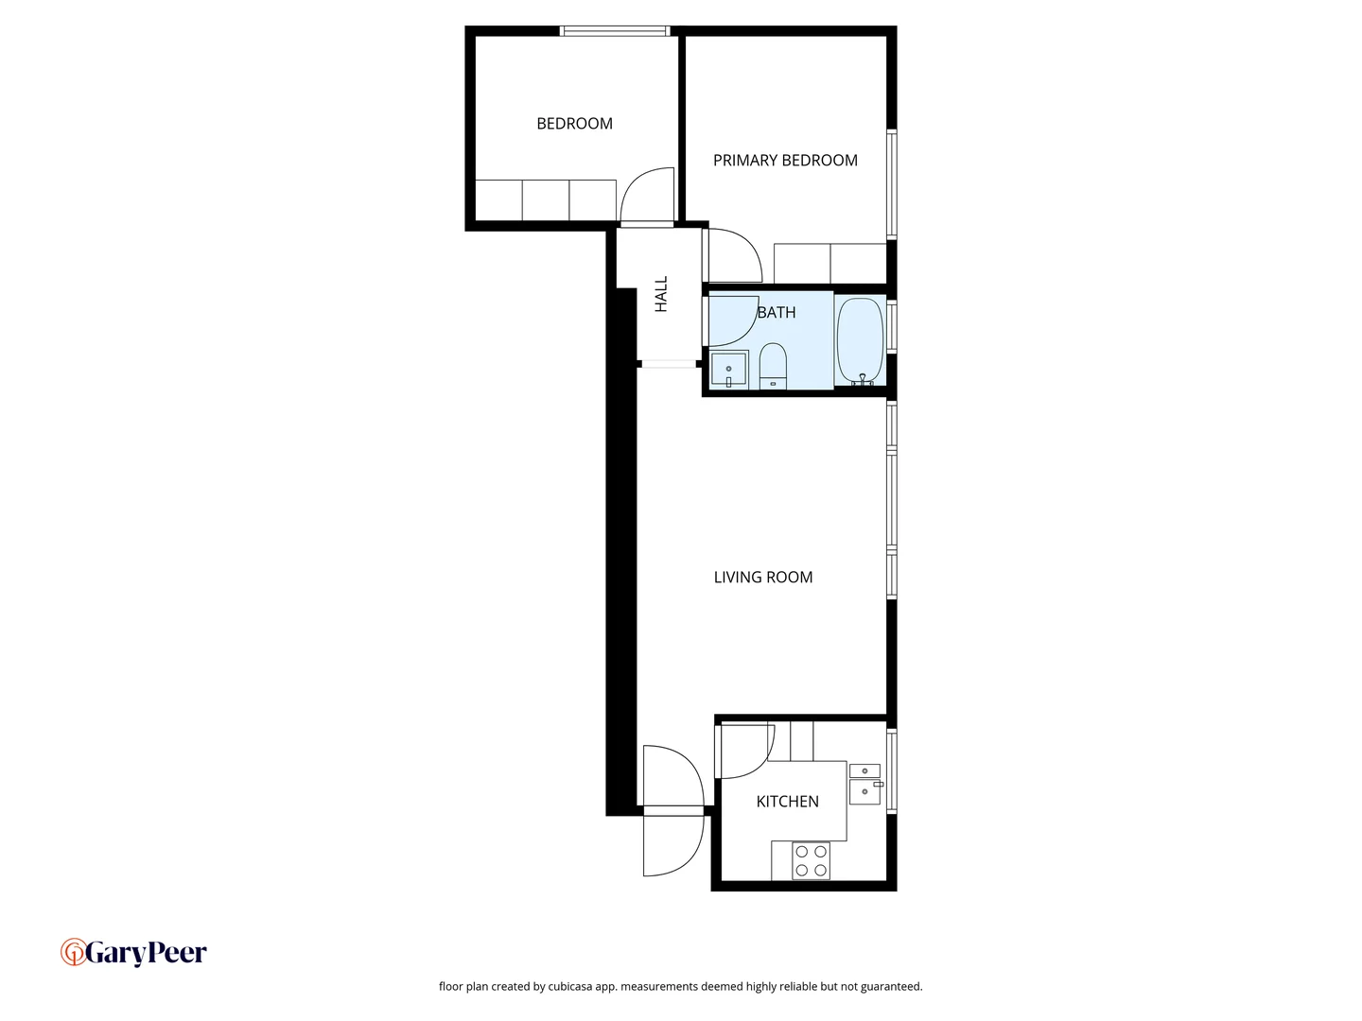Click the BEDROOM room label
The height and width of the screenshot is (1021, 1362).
point(574,124)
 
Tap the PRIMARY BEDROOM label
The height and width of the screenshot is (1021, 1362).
point(785,161)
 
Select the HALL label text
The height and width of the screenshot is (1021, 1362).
point(661,294)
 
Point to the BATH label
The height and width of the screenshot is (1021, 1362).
point(777,312)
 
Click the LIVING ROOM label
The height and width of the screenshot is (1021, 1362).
point(762,578)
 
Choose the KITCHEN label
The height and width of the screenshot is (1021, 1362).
point(787,802)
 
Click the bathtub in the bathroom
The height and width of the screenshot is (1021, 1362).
point(860,340)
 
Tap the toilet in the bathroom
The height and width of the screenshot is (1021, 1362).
point(773,366)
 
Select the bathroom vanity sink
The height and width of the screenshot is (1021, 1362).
point(729,370)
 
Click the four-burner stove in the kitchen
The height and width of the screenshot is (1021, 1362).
point(811,860)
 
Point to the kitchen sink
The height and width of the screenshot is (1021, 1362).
point(864,785)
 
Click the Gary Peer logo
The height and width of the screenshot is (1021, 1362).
point(133,952)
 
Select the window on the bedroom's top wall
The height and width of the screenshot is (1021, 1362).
point(615,31)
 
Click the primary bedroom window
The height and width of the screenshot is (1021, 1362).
point(891,183)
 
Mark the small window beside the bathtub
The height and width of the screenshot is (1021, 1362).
point(891,327)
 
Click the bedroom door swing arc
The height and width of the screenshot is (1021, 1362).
point(646,195)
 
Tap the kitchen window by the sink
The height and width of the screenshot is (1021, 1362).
point(891,770)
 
